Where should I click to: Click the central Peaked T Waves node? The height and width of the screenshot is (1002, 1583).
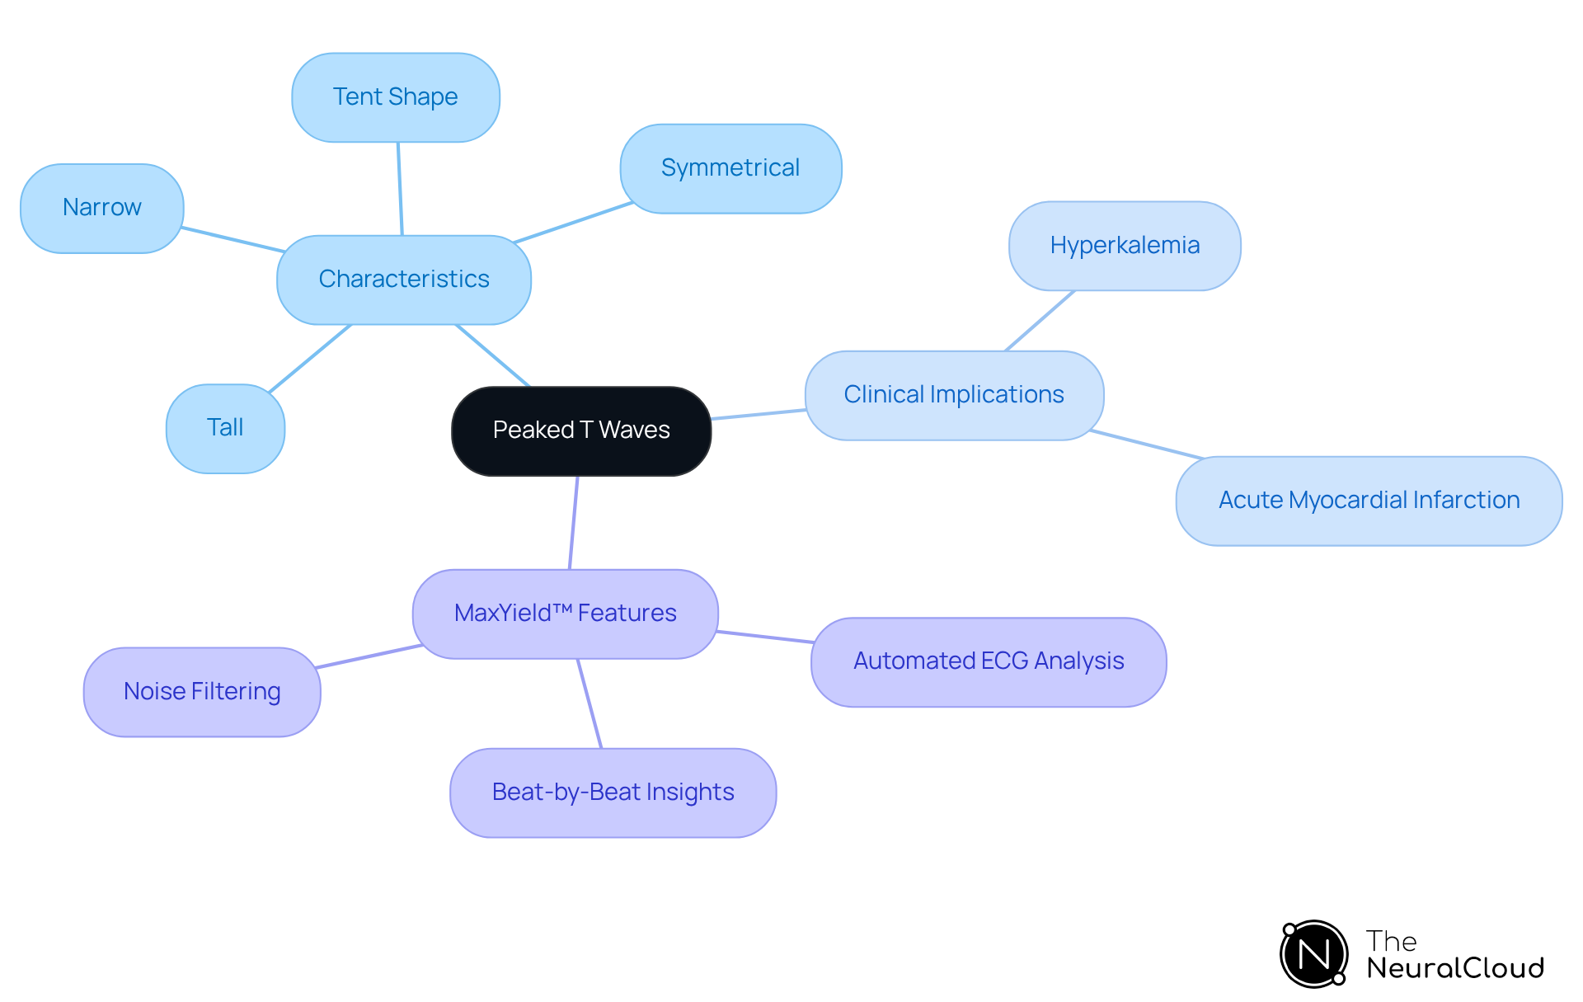(x=581, y=430)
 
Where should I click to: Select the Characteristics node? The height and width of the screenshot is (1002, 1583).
(x=404, y=280)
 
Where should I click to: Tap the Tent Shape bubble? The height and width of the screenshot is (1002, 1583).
(x=396, y=97)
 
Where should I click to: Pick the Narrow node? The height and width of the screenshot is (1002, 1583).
(x=102, y=208)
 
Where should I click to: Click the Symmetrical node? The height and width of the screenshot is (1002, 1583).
(x=730, y=168)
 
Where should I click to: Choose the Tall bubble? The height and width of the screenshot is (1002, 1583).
(x=225, y=428)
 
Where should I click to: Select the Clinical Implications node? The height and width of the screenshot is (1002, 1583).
(x=954, y=395)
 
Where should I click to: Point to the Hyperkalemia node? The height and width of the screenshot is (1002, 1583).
(x=1125, y=246)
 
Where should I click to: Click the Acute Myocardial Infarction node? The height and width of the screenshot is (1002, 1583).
(x=1369, y=501)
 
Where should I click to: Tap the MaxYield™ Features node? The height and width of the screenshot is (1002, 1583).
(x=565, y=614)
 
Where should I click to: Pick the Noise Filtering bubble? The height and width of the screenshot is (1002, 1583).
(x=202, y=692)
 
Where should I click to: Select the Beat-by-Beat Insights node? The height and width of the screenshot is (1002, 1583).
(x=613, y=793)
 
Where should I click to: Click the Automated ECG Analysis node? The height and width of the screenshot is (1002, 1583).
(x=989, y=661)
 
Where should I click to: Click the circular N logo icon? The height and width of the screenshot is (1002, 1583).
(x=1314, y=954)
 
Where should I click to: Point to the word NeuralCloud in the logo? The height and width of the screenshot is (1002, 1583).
(x=1455, y=968)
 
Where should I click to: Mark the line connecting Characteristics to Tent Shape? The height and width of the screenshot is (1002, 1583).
(x=400, y=189)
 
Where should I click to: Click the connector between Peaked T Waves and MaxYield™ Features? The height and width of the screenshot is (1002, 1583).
(x=574, y=522)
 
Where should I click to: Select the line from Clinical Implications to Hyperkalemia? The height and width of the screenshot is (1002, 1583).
(x=1040, y=321)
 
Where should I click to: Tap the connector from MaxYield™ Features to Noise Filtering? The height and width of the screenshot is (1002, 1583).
(x=369, y=656)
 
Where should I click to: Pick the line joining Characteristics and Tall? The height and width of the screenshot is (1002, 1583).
(x=310, y=358)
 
